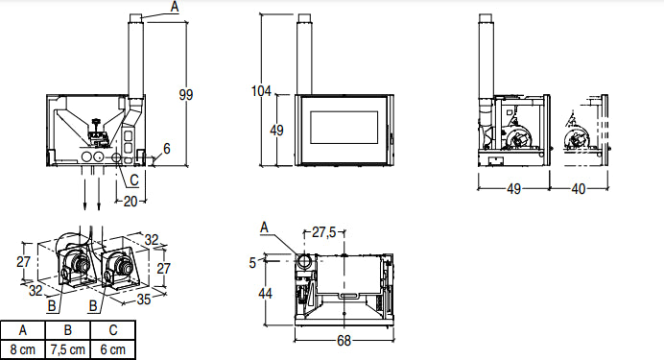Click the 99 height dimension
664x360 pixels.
[186, 93]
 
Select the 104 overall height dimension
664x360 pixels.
[261, 91]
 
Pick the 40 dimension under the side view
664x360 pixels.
[579, 189]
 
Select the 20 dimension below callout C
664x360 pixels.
[130, 200]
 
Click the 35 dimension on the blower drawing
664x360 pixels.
[145, 299]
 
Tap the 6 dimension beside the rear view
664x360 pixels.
[166, 149]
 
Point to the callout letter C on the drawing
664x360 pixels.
[133, 180]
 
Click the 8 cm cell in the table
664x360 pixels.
[22, 349]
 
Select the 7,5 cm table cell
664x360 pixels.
[68, 349]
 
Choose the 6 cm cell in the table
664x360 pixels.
[113, 349]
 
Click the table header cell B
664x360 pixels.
[68, 330]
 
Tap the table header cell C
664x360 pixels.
[113, 330]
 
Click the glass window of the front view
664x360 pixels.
[344, 130]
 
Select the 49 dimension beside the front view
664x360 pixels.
[277, 131]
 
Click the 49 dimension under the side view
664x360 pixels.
[513, 189]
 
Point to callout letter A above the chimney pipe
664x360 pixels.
[174, 6]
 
